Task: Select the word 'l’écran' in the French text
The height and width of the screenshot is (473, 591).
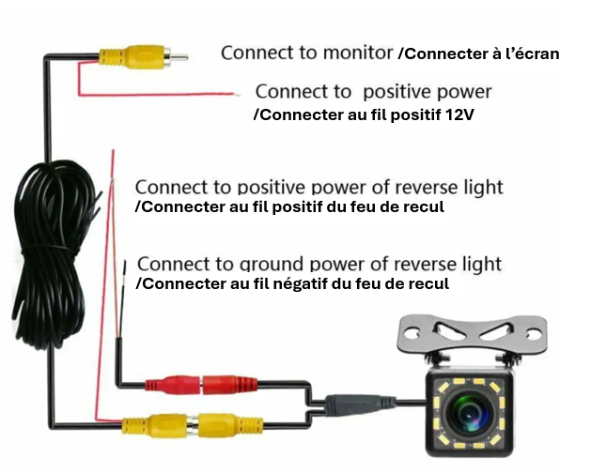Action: tap(531, 54)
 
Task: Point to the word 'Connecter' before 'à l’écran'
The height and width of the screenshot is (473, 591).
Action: tap(440, 54)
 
